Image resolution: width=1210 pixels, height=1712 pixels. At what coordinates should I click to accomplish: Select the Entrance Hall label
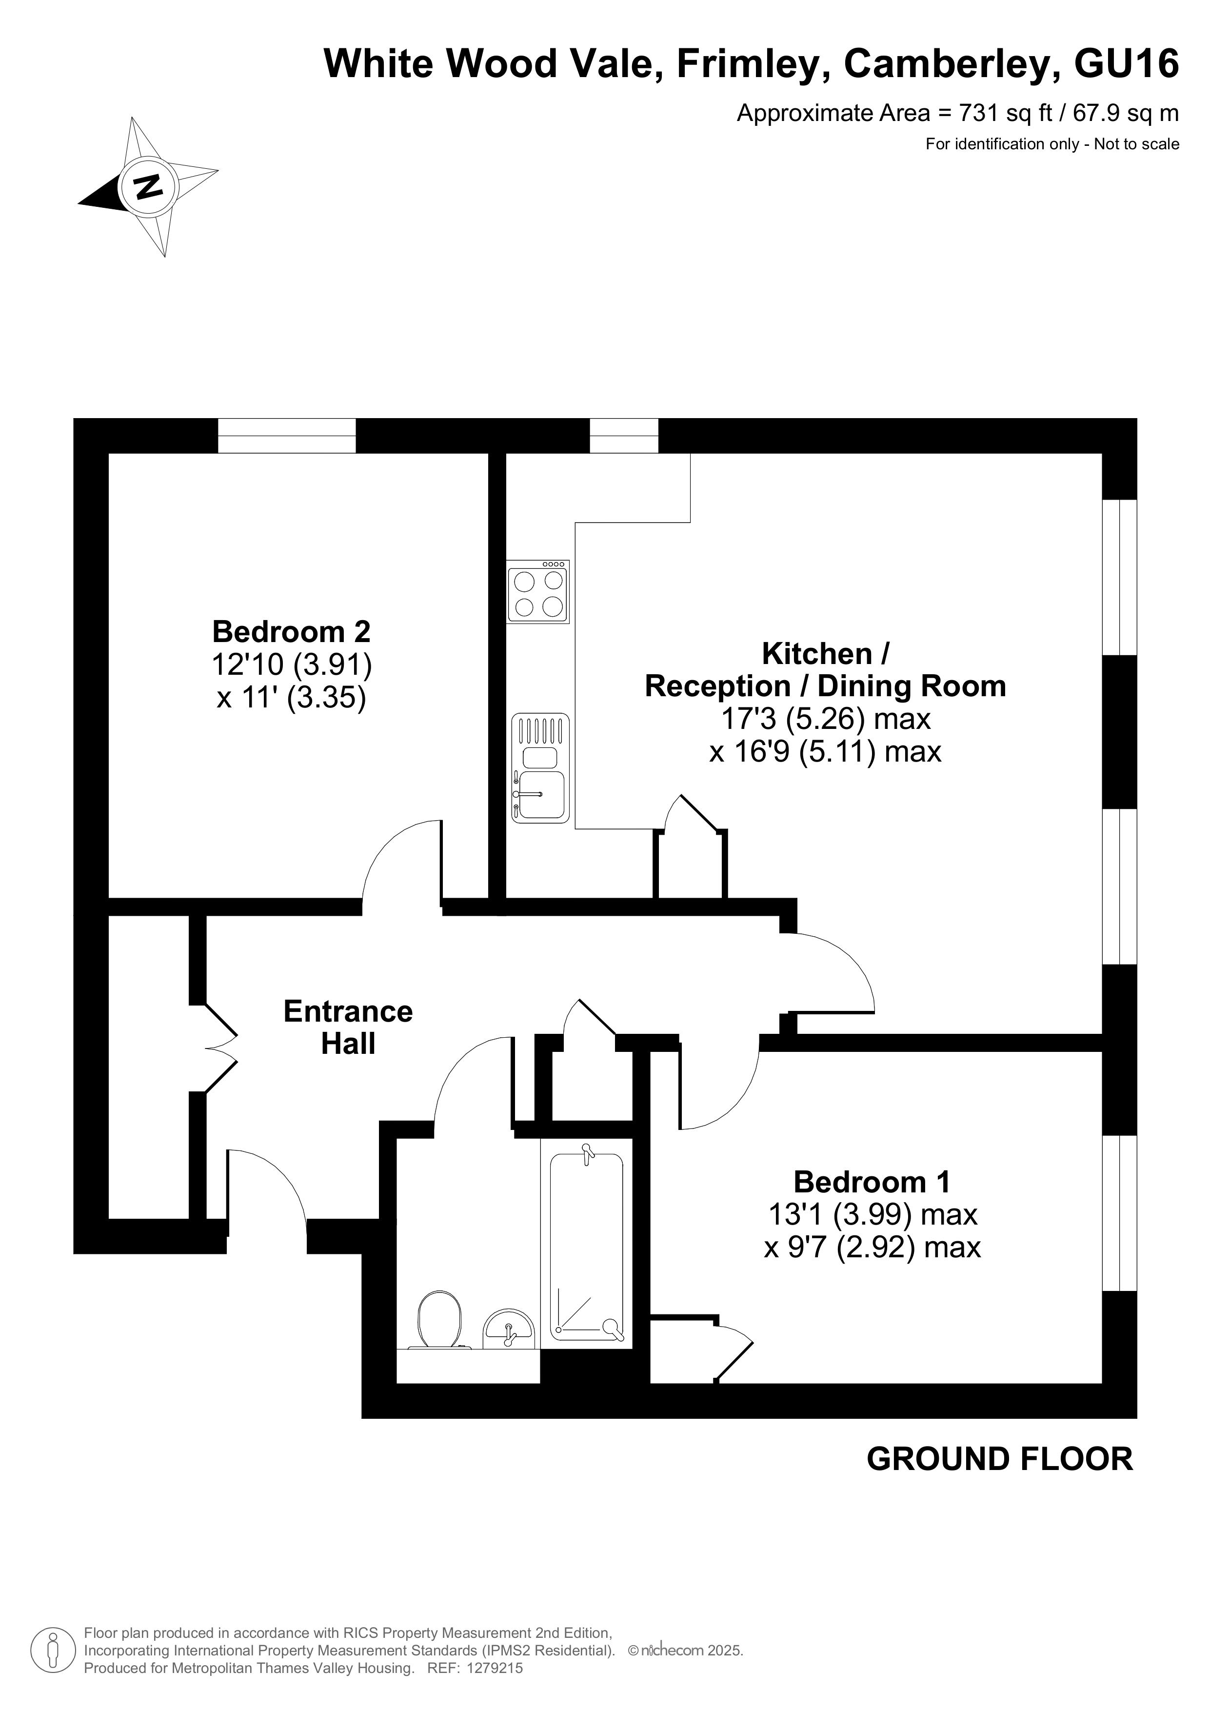tap(348, 1027)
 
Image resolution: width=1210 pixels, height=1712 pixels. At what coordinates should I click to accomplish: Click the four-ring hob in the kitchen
tap(537, 592)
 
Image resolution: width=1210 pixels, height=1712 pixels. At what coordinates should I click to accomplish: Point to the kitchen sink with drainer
tap(540, 768)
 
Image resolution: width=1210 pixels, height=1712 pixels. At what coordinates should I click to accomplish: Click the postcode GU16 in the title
tap(1127, 63)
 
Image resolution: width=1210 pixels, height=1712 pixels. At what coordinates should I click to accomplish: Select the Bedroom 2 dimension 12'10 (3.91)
tap(292, 665)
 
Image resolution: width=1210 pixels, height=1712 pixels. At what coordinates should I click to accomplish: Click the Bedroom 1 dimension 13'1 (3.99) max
tap(873, 1215)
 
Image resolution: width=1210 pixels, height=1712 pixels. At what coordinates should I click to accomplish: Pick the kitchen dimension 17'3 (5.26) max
tap(825, 719)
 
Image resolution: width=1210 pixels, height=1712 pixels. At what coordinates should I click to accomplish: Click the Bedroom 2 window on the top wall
tap(287, 436)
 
